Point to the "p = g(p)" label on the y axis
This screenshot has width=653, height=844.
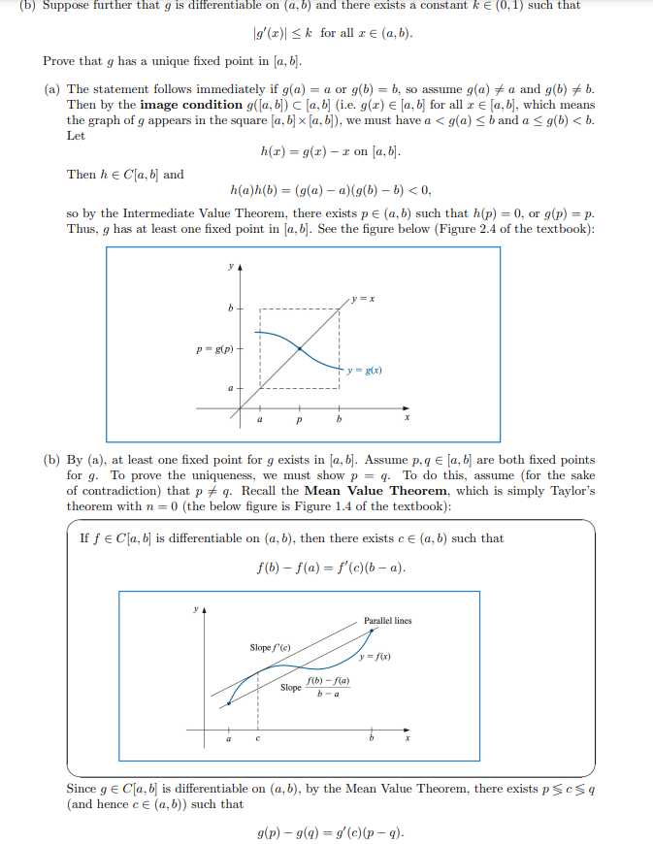click(x=213, y=347)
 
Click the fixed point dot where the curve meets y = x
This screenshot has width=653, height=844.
click(x=299, y=347)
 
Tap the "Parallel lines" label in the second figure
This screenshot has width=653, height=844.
click(x=387, y=620)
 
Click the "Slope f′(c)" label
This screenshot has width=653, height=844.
click(x=270, y=647)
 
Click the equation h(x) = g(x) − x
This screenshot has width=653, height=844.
click(x=330, y=152)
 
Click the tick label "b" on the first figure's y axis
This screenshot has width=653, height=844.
click(x=231, y=309)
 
